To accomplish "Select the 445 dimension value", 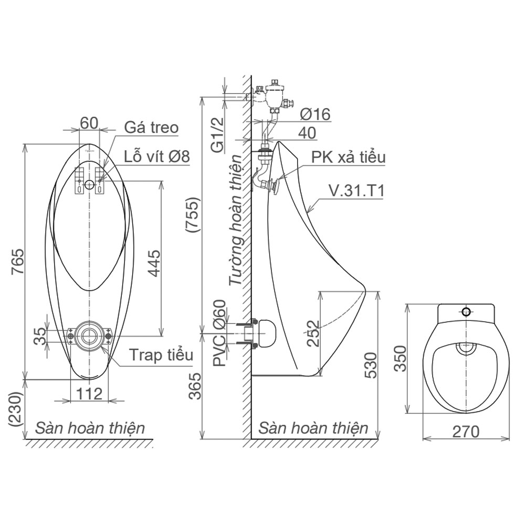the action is point(154,263).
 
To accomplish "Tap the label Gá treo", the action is point(151,128).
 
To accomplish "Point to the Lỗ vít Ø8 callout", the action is point(156,156).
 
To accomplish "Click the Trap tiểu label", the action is point(161,355).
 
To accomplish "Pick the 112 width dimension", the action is point(89,394).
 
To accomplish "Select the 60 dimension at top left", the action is point(89,123).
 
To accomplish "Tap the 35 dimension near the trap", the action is point(40,336).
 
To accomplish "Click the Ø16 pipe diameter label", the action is point(314,114).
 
